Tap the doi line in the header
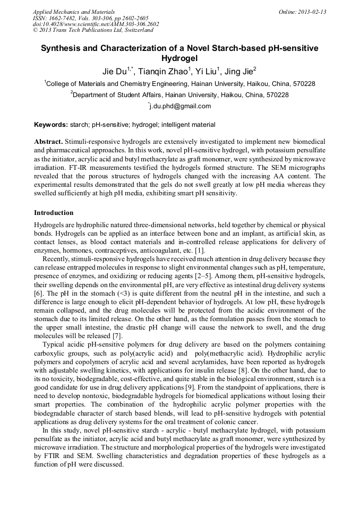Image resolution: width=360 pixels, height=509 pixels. [x=96, y=24]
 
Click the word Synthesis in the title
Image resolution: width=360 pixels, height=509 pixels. [x=62, y=48]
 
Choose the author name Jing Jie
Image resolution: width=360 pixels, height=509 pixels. [x=238, y=71]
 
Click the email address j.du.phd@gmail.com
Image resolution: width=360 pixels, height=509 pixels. [x=181, y=106]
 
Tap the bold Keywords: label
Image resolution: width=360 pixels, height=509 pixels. [x=51, y=125]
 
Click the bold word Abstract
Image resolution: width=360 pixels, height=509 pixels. [x=48, y=142]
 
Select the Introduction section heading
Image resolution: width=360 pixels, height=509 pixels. [x=54, y=213]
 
